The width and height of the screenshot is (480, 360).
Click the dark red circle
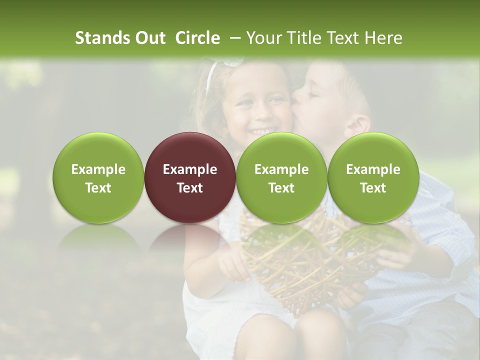pos(189,177)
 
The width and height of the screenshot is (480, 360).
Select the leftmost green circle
pos(98,177)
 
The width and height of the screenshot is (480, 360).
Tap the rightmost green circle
pos(373,177)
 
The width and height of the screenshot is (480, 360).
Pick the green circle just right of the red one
pos(281,177)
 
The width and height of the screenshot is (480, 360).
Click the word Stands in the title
pos(99,38)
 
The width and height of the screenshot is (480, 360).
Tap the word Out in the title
pos(149,38)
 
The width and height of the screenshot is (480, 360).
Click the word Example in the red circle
pos(189,169)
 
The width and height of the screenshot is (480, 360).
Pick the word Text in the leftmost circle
pos(98,188)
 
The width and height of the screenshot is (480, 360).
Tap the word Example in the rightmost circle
pos(373,169)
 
